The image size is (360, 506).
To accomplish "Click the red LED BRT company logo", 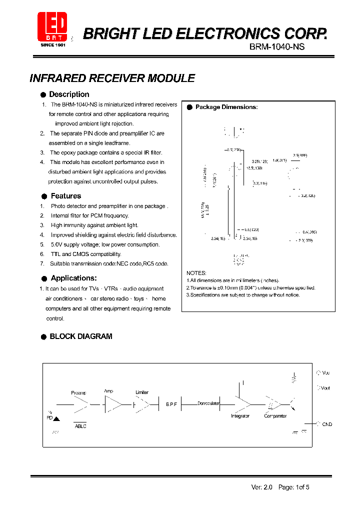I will click(53, 26).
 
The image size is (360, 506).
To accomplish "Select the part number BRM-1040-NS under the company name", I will click(276, 46).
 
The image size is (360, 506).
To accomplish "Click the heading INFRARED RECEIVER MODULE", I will click(112, 78).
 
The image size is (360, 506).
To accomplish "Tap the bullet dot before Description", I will click(44, 94).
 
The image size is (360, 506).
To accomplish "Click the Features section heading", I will click(65, 196).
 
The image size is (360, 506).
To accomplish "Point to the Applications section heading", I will click(73, 278).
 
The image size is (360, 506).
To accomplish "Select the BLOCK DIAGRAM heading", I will click(80, 336).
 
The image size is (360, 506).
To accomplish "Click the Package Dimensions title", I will click(226, 107).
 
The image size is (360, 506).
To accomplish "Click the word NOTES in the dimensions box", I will click(196, 273).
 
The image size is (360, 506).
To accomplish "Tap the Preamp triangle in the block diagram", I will click(81, 403).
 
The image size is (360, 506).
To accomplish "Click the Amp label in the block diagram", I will click(108, 391).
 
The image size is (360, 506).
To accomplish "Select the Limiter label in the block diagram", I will click(142, 392).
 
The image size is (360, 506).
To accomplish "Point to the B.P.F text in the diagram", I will click(171, 404).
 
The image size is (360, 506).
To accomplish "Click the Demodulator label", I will click(208, 403).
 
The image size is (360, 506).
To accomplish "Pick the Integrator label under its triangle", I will click(240, 416).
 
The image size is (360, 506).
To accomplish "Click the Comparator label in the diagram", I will click(275, 416).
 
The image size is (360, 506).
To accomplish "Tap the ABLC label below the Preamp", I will click(80, 426).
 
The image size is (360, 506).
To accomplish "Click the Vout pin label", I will click(325, 388).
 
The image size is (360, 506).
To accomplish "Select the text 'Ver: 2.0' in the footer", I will click(261, 487).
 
